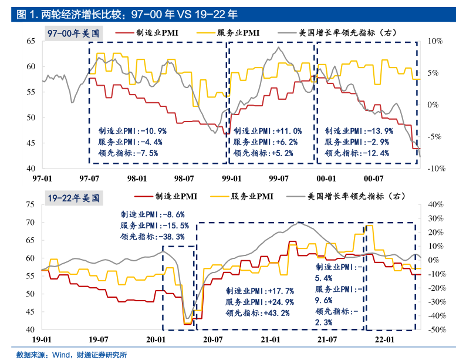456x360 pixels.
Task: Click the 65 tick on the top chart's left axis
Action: click(29, 41)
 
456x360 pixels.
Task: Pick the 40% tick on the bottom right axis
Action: click(437, 204)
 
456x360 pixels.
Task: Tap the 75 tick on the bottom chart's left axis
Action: click(29, 204)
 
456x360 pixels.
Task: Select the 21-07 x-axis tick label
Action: click(327, 339)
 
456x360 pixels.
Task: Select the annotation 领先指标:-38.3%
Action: click(153, 237)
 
